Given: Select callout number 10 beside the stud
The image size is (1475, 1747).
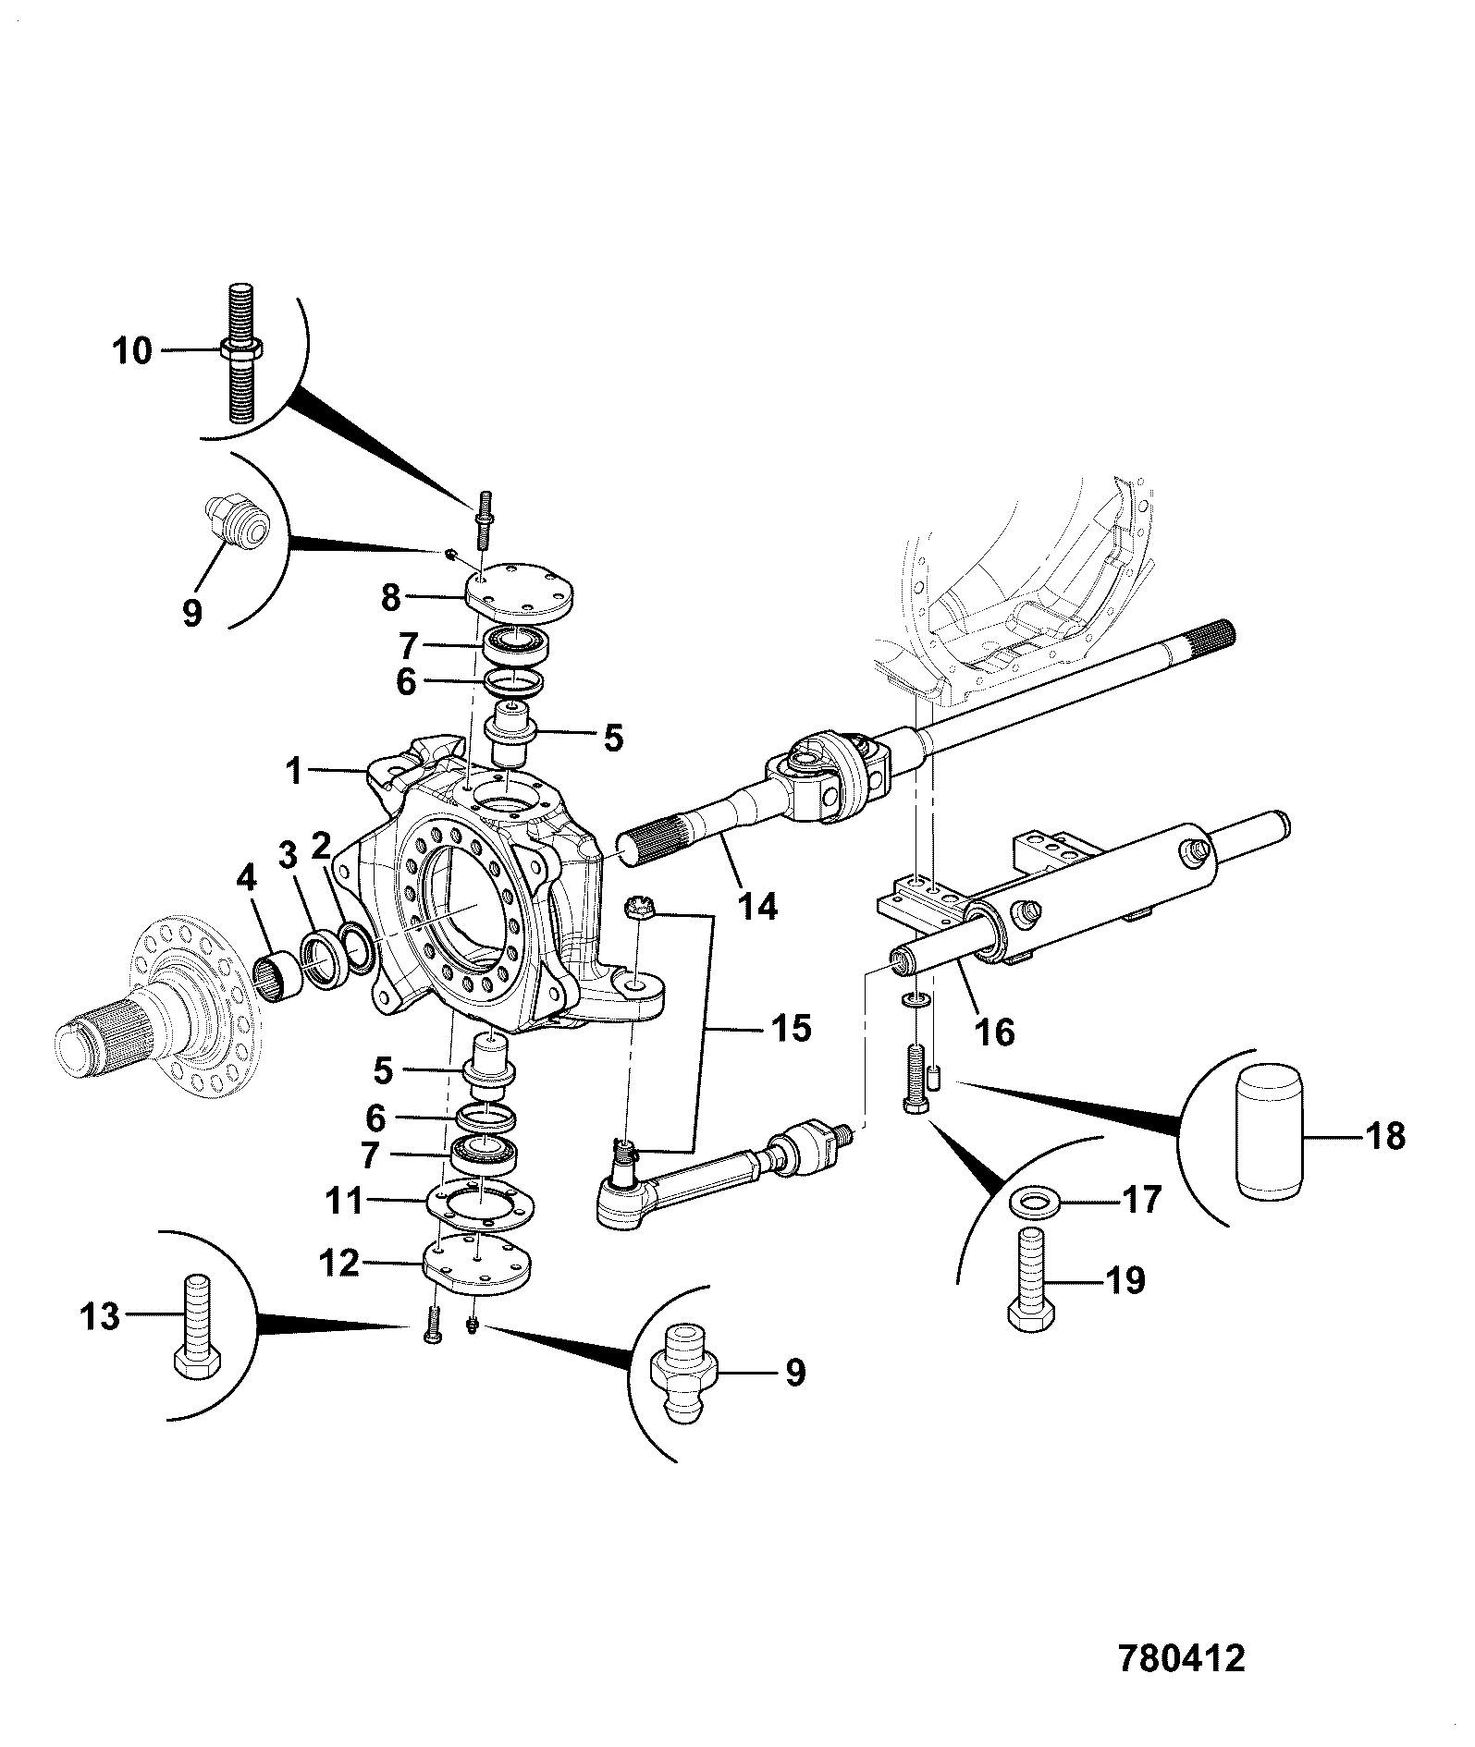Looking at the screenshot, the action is tap(132, 351).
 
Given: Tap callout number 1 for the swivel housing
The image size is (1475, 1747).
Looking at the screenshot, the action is tap(294, 770).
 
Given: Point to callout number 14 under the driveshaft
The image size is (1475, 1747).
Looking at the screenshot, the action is tap(757, 905).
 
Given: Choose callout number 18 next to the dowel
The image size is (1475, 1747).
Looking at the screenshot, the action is tap(1384, 1135).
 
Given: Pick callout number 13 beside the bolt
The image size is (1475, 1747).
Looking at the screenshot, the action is tap(100, 1315).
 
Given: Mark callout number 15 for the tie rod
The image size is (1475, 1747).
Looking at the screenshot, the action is tap(791, 1028).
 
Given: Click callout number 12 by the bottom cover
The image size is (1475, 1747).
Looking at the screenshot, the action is tap(338, 1262).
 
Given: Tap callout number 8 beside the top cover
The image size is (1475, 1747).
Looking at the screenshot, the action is tap(391, 597).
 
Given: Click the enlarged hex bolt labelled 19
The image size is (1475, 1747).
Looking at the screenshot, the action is tap(1031, 1281).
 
